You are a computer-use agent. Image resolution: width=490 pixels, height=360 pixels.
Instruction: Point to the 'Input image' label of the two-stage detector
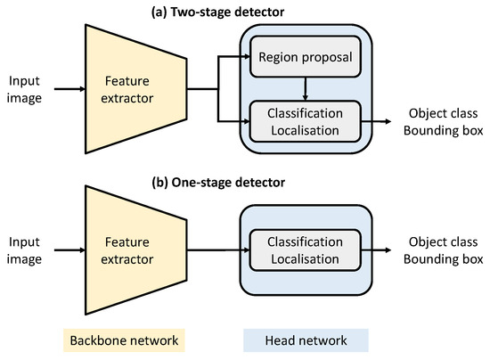[x=24, y=89]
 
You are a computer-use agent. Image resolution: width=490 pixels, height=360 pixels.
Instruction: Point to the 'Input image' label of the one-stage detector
[x=24, y=249]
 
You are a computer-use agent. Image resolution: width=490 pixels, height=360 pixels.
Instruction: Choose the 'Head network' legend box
[x=306, y=340]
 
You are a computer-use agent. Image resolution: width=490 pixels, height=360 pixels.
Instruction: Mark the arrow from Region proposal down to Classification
[x=306, y=87]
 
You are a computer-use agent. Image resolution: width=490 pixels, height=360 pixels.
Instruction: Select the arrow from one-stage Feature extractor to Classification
[x=218, y=249]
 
